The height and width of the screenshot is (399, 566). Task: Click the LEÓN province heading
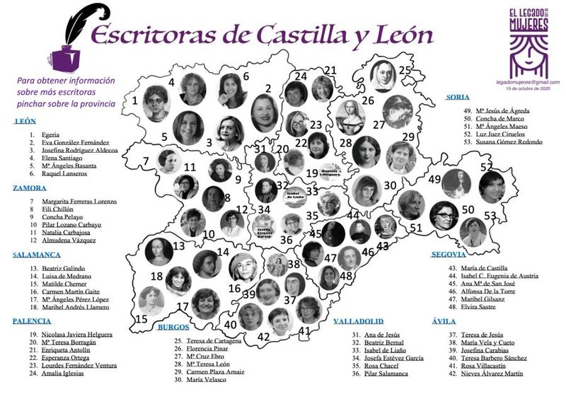click(26, 121)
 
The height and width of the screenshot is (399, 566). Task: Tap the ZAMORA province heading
click(30, 188)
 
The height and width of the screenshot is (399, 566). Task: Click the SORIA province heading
click(459, 98)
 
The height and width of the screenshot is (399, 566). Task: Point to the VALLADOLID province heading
click(361, 320)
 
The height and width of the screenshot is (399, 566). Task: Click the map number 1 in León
click(134, 100)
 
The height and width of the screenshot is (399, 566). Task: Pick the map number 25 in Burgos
click(405, 69)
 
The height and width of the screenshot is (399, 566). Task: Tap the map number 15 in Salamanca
click(141, 319)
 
